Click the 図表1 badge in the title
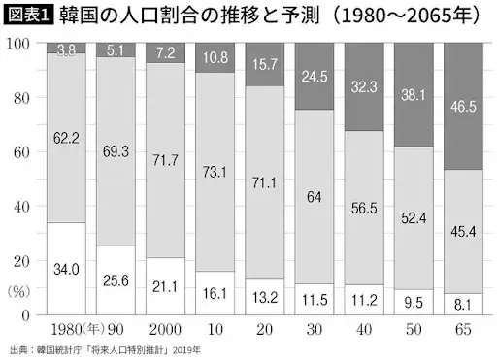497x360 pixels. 27,16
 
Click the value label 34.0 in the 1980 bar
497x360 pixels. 66,269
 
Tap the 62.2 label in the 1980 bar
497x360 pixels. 66,139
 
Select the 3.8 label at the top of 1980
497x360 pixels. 66,49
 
